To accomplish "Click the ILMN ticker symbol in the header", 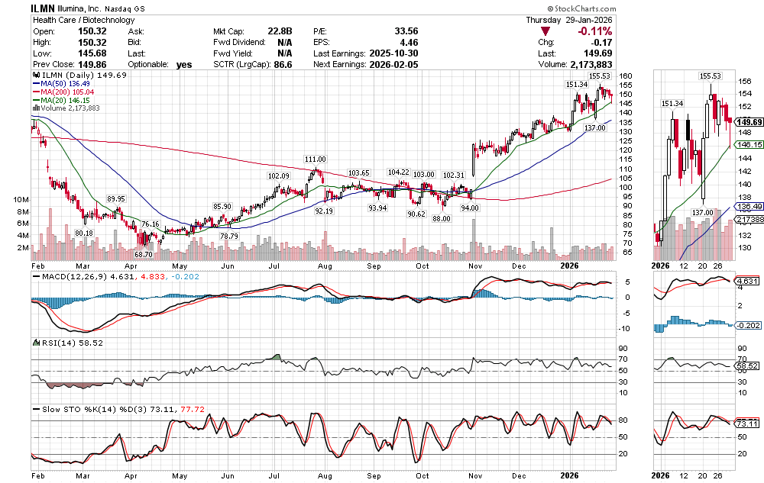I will point(42,7).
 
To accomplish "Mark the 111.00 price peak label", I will point(316,159).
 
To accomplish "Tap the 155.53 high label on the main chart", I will point(600,76).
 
